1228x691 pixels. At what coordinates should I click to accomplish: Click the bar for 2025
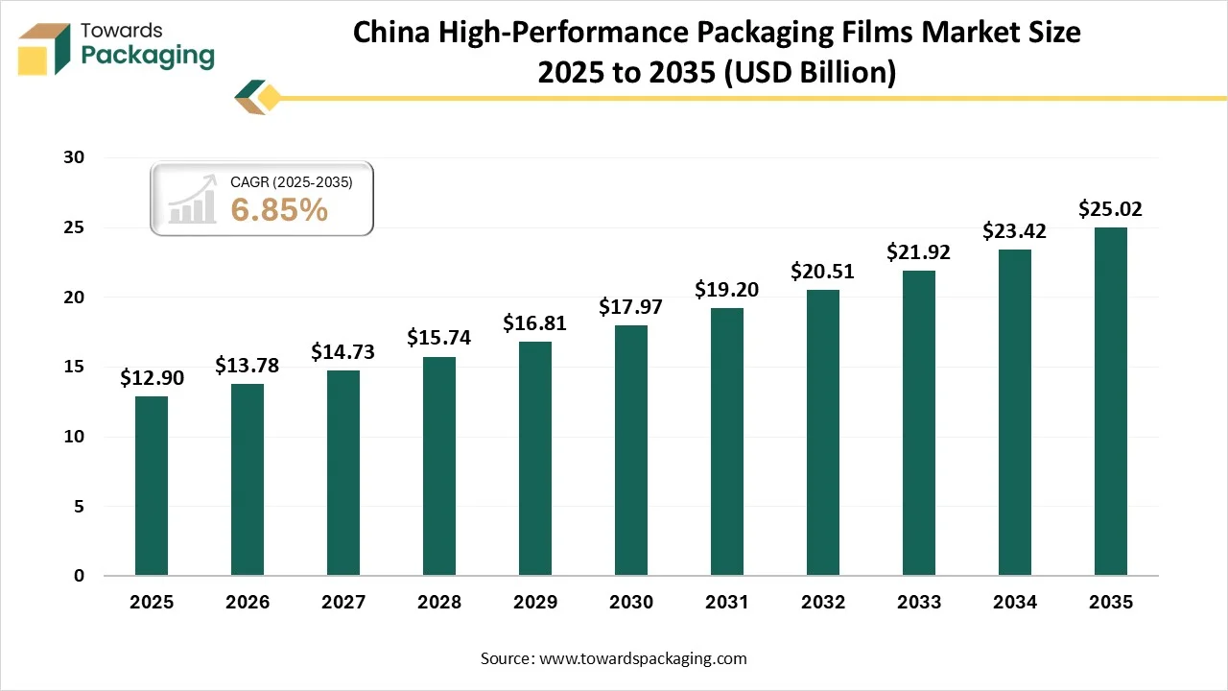(x=152, y=486)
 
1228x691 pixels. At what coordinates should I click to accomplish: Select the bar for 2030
(x=631, y=450)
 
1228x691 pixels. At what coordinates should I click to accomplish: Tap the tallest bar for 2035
(x=1111, y=401)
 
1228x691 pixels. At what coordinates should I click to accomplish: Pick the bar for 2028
(x=439, y=465)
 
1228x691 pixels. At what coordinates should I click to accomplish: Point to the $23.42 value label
(x=1014, y=230)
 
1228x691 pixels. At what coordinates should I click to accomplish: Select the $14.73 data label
(x=342, y=352)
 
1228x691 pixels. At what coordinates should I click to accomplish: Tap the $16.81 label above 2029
(x=534, y=323)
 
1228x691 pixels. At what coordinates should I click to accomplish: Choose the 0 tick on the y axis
(x=81, y=576)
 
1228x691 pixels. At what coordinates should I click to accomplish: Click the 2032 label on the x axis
(x=823, y=603)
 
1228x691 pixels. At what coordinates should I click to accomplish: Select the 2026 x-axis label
(x=248, y=603)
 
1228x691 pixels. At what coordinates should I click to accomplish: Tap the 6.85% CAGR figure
(x=279, y=210)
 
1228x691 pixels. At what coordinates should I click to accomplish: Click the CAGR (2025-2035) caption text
(x=292, y=181)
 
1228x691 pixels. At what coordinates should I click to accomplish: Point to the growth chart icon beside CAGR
(x=192, y=201)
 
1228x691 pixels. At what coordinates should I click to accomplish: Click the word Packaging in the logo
(x=148, y=56)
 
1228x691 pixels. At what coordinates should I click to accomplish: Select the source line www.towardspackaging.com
(x=613, y=658)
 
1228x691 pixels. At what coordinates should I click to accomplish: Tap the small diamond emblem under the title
(x=258, y=98)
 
